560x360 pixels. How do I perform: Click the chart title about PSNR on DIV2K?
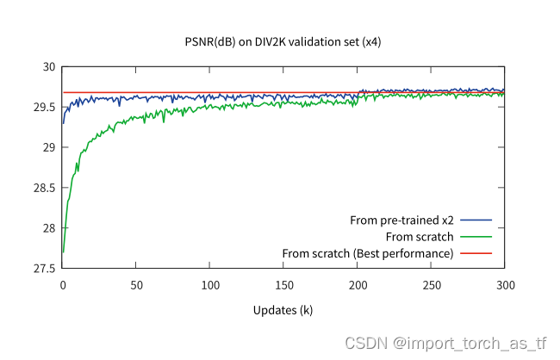(x=283, y=40)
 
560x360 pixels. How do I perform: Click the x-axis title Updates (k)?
(x=283, y=309)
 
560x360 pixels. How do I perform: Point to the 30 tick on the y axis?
(x=48, y=67)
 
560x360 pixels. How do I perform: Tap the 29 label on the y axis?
(x=48, y=148)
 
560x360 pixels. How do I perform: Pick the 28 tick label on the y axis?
(x=48, y=228)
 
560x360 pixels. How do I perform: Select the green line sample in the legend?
(x=476, y=237)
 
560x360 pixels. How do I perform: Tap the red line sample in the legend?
(x=476, y=253)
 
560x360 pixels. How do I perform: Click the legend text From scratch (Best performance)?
(x=368, y=253)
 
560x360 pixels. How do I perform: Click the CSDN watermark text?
(x=445, y=343)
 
